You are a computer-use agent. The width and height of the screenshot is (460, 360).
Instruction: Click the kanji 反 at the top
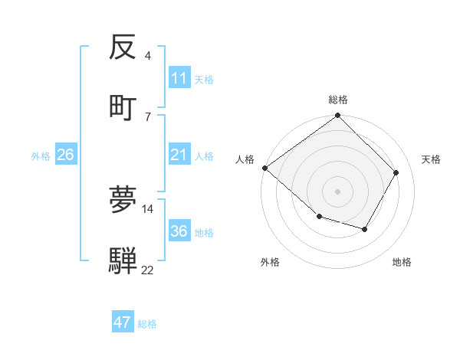(x=123, y=47)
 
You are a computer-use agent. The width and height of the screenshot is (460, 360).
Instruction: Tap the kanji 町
(x=123, y=106)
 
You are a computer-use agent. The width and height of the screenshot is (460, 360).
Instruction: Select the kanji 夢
(x=123, y=199)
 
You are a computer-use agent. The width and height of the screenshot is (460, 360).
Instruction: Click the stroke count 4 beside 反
(x=148, y=56)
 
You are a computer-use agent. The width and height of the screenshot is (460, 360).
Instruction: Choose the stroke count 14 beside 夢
(x=148, y=208)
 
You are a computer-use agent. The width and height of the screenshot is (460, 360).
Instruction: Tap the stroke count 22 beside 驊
(x=148, y=270)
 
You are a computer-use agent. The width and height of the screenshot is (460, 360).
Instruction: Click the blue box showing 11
(x=179, y=78)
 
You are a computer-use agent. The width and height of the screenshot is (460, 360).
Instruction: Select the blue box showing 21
(x=179, y=155)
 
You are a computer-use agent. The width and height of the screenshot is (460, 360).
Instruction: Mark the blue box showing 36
(x=179, y=231)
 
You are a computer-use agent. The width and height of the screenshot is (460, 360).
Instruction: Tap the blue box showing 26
(x=65, y=155)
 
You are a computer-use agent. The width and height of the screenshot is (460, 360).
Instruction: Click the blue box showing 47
(x=123, y=322)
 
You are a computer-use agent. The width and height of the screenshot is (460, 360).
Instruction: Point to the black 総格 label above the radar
(x=338, y=100)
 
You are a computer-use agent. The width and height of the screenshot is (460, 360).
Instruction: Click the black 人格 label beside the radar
(x=245, y=159)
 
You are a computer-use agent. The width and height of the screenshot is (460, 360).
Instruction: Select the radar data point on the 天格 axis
(x=396, y=172)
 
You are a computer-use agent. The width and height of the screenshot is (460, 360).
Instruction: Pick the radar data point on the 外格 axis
(x=319, y=218)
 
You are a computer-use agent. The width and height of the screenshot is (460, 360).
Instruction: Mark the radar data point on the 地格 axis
(x=365, y=229)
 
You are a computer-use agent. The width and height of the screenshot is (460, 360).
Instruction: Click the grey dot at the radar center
(x=338, y=191)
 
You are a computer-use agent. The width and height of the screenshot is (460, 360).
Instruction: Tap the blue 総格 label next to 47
(x=148, y=324)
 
